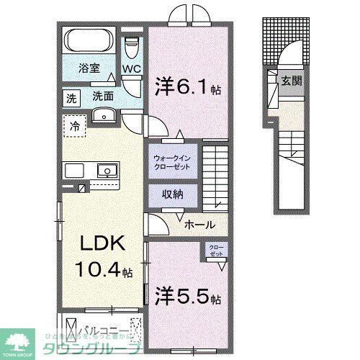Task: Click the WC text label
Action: pyautogui.click(x=130, y=69)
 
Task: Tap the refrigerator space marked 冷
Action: pyautogui.click(x=75, y=125)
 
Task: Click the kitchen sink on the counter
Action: pyautogui.click(x=108, y=171)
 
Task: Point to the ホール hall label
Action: pyautogui.click(x=199, y=225)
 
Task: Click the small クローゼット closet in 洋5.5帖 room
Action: pyautogui.click(x=216, y=251)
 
